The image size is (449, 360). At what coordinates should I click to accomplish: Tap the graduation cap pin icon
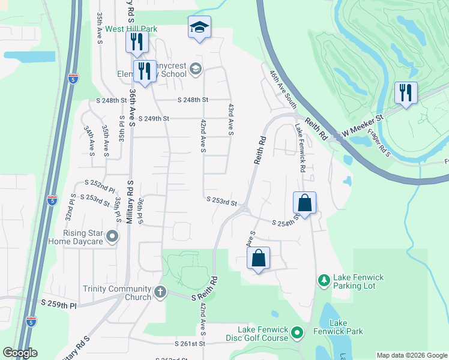point(199,28)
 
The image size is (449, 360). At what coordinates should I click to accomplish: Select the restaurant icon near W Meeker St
point(406,93)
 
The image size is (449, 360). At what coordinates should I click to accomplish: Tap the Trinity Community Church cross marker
point(160,292)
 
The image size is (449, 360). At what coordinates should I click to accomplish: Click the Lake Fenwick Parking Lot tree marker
point(324,280)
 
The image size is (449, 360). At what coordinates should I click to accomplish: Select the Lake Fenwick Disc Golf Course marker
point(297,332)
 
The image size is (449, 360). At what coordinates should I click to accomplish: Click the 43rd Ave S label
point(231,118)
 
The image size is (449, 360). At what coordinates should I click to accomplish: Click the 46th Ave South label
point(282,89)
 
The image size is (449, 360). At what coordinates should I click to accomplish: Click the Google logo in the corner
point(20,353)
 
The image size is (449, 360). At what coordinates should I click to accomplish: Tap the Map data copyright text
point(411,355)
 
